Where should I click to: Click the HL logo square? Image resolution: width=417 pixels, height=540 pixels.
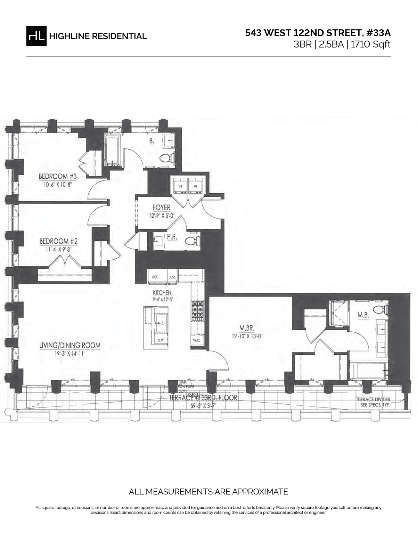pos(36,35)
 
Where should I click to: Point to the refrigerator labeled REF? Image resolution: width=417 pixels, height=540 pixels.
pos(156,277)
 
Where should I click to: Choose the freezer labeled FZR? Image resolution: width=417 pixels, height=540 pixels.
pos(172,277)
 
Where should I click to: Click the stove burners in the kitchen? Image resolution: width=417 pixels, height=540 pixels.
pos(198,309)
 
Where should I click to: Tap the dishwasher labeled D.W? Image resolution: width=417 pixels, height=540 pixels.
pos(161,340)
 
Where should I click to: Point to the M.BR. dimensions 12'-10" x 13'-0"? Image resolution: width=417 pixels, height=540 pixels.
pos(247,336)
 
